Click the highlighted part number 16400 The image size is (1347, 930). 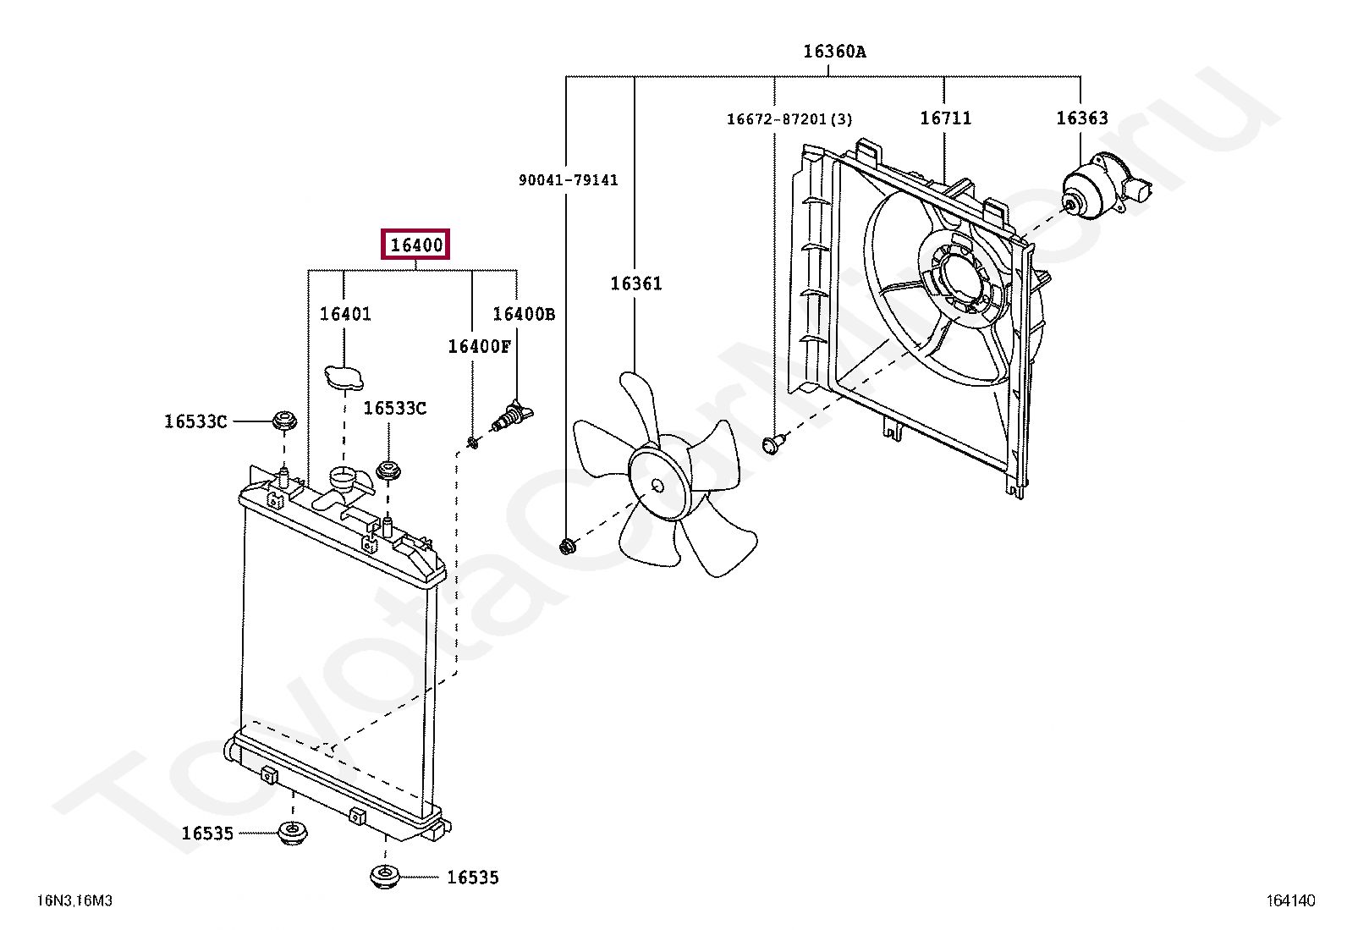pyautogui.click(x=415, y=245)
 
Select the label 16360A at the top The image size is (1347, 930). pyautogui.click(x=834, y=52)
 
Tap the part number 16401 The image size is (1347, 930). pyautogui.click(x=345, y=314)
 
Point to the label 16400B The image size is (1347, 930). pyautogui.click(x=524, y=314)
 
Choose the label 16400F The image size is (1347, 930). pyautogui.click(x=480, y=345)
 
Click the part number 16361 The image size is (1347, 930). pyautogui.click(x=636, y=283)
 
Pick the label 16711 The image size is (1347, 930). pyautogui.click(x=946, y=118)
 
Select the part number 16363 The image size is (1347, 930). pyautogui.click(x=1081, y=118)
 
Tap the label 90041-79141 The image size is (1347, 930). pyautogui.click(x=569, y=180)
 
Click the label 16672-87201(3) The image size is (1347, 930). pyautogui.click(x=789, y=119)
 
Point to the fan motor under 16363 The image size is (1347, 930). pyautogui.click(x=1097, y=190)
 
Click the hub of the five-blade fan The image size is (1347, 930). pyautogui.click(x=658, y=485)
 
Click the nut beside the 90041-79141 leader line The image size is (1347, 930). pyautogui.click(x=567, y=548)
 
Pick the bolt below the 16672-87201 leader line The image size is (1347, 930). pyautogui.click(x=772, y=443)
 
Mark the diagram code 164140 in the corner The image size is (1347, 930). pyautogui.click(x=1291, y=902)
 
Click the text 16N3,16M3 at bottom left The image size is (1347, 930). pyautogui.click(x=74, y=902)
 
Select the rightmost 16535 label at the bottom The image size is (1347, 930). pyautogui.click(x=472, y=878)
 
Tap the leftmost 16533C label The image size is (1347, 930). pyautogui.click(x=195, y=421)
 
